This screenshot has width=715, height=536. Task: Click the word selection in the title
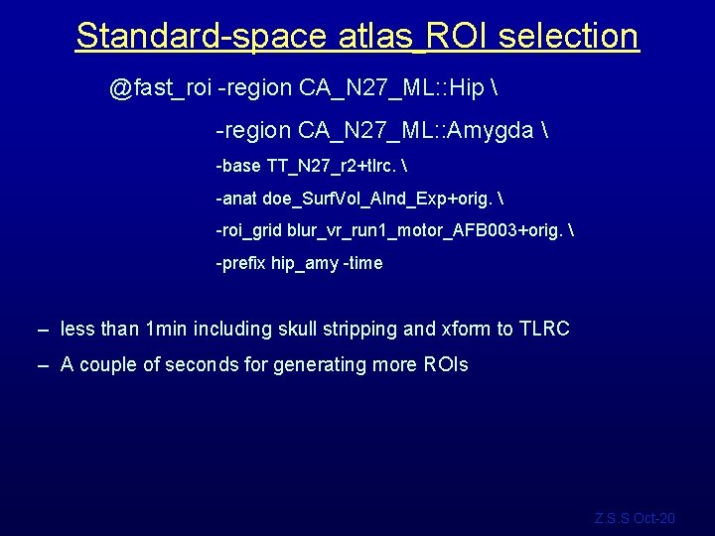point(569,36)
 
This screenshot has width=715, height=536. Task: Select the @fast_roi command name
point(160,89)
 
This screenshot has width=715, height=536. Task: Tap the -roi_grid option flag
point(248,230)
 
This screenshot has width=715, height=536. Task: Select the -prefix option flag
point(241,263)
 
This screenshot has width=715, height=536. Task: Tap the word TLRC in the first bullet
point(544,329)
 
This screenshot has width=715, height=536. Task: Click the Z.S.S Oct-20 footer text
point(635,518)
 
